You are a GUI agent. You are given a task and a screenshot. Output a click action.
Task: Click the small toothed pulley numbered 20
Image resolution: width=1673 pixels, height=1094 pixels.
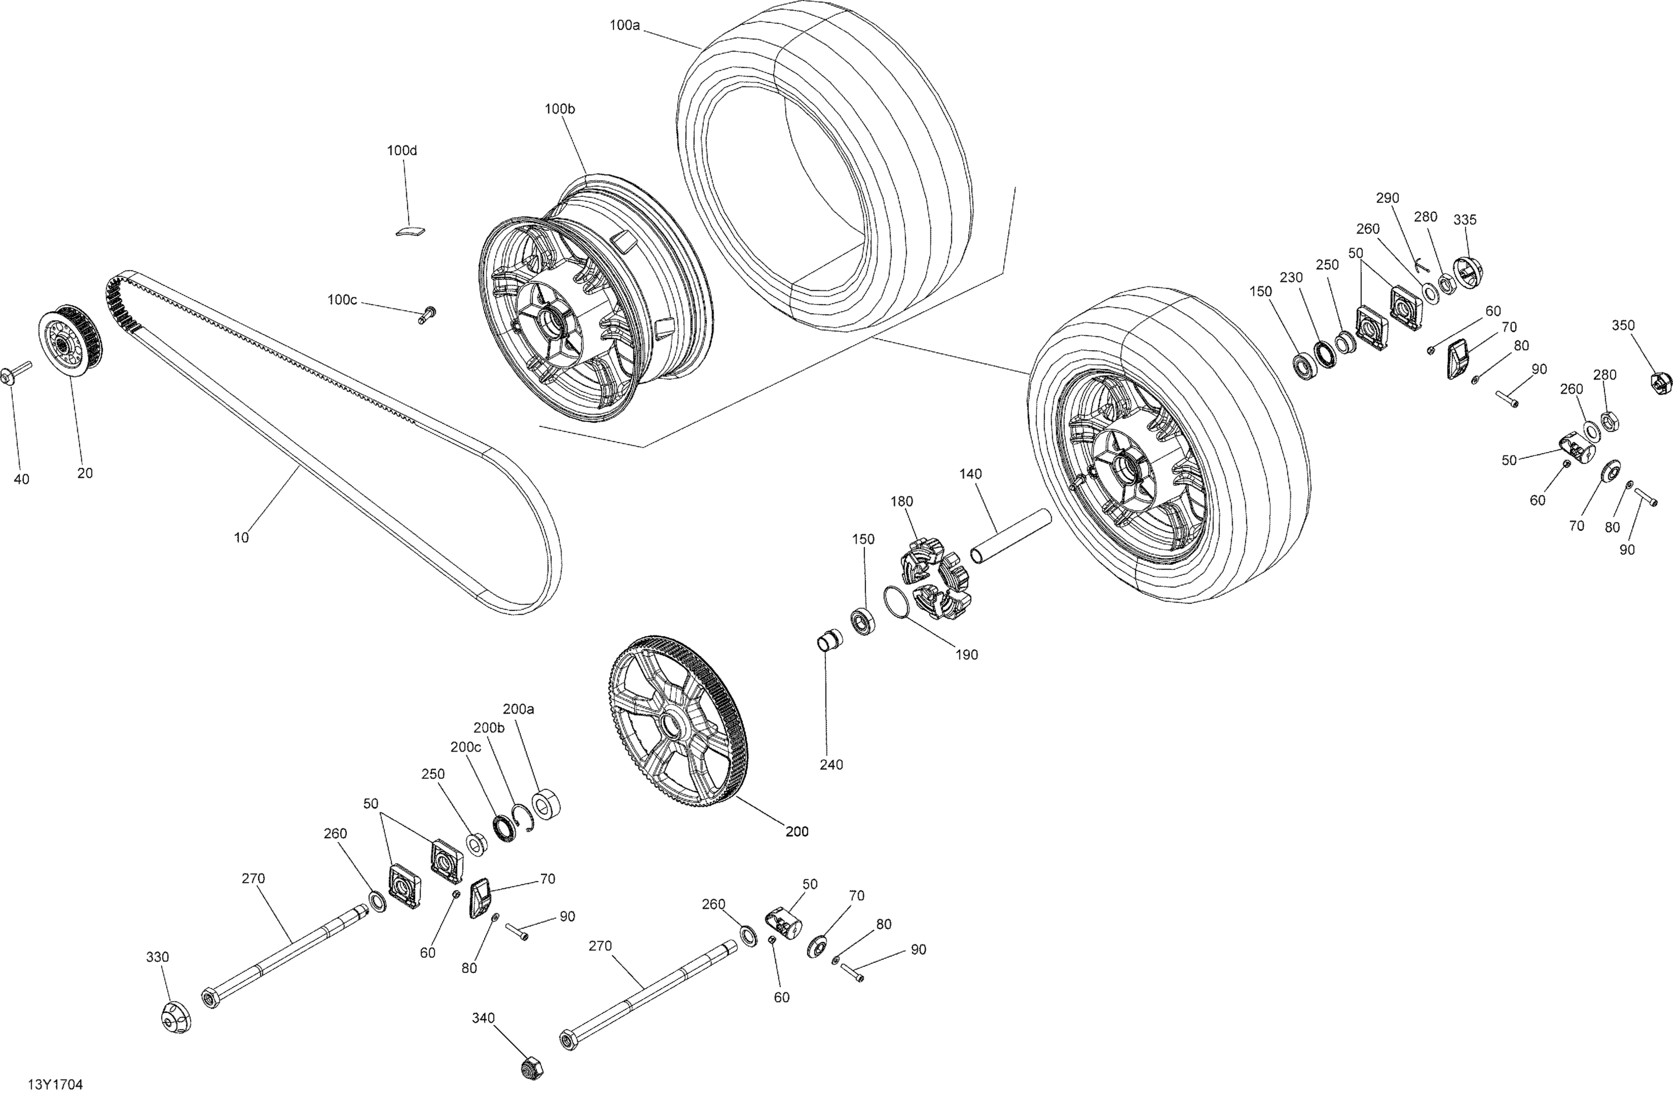[x=70, y=342]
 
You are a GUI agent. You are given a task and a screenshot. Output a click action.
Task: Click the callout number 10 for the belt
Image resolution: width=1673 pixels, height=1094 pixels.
[x=241, y=538]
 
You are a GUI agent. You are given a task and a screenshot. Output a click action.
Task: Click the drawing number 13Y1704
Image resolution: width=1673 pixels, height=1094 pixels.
[x=56, y=1085]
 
